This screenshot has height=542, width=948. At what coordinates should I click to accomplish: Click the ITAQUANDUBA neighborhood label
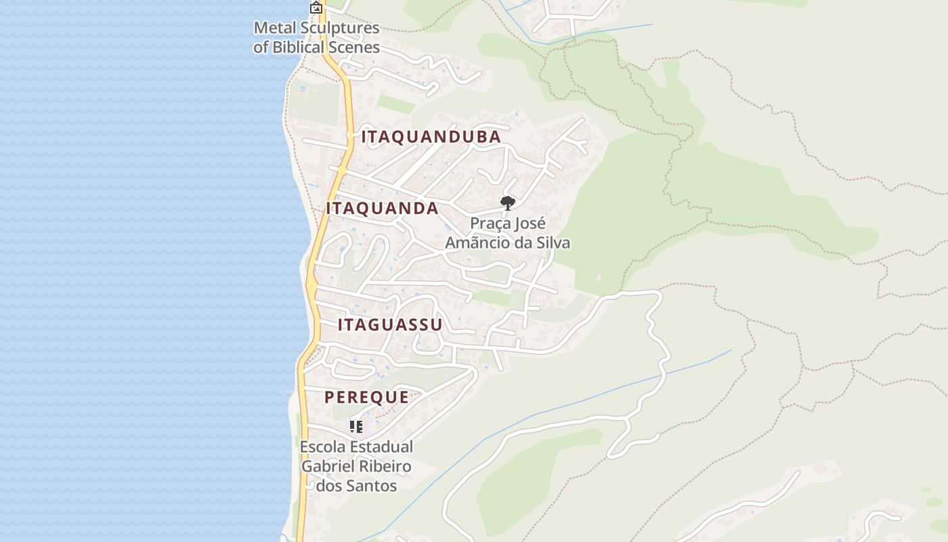pos(431,137)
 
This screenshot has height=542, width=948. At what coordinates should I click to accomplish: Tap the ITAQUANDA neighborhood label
pos(382,208)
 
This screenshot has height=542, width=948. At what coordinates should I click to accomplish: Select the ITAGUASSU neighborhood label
pos(390,325)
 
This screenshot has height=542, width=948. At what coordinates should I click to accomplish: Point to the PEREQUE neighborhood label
pos(366,397)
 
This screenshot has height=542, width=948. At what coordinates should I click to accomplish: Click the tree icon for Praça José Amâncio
pos(507,203)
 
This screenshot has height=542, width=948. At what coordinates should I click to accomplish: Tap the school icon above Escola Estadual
pos(356,426)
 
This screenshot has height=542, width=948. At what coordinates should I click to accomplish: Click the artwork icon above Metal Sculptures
pos(316,8)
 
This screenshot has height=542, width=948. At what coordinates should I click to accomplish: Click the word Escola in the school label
pos(322,447)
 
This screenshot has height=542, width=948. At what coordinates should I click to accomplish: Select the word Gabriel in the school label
pos(328,467)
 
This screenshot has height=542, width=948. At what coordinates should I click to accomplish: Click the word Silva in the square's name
pos(552,242)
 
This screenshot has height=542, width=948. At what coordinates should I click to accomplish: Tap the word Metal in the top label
pos(274,29)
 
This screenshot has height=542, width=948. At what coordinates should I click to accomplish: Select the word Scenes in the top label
pos(354,47)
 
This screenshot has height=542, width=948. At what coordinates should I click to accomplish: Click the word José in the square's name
pos(532,224)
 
